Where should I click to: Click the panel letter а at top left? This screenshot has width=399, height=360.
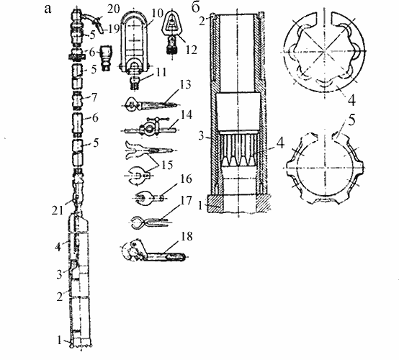coord(48,9)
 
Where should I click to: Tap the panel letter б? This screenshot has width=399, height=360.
coord(196,8)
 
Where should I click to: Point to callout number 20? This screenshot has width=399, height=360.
coord(114,9)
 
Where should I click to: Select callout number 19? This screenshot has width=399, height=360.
coord(113,30)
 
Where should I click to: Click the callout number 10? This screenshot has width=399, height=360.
coord(158,13)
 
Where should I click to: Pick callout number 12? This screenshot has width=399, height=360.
coord(191,50)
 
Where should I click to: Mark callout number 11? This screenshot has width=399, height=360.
coord(161,72)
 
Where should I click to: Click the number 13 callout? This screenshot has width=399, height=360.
coord(185,84)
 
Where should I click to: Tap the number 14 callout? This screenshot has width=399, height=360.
coord(187,114)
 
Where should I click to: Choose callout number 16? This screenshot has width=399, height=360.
coord(186,179)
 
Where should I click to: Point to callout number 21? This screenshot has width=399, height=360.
coord(57,211)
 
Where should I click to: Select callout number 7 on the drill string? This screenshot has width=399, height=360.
coord(94,98)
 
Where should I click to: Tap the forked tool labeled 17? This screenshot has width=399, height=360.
coord(150,222)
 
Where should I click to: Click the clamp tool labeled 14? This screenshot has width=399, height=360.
coord(149,126)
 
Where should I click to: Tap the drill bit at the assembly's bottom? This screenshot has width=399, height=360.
coord(81,343)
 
